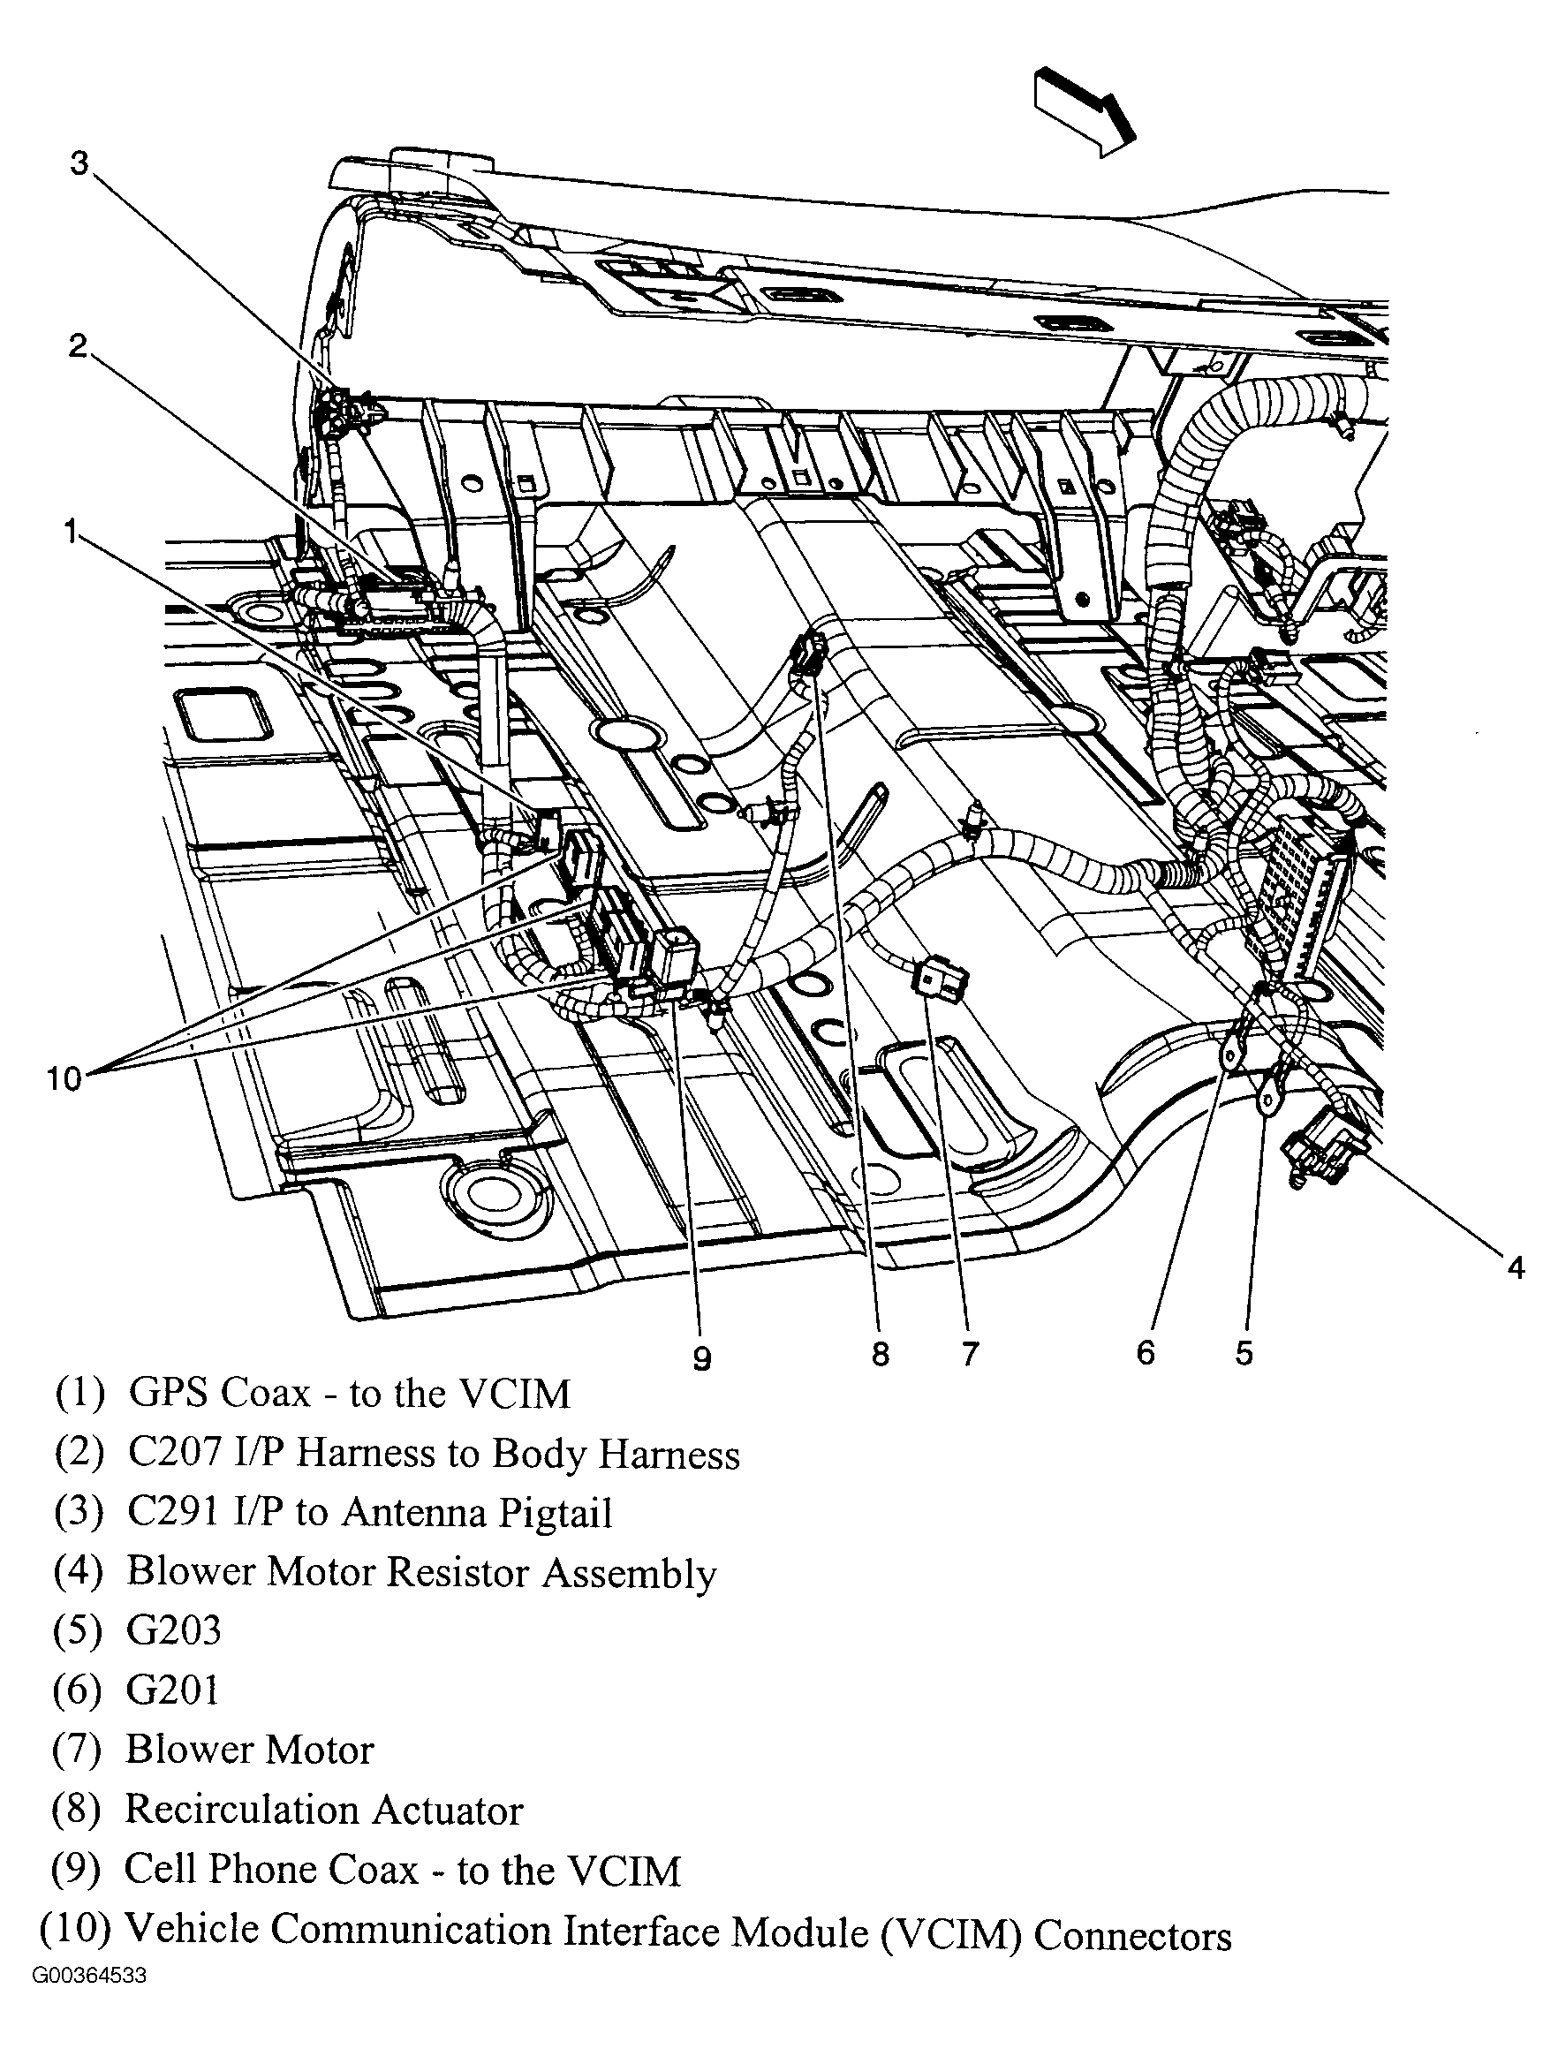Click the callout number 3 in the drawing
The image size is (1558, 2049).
(79, 163)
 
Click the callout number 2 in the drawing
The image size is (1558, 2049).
(78, 346)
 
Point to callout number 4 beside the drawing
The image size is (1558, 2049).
(1516, 1267)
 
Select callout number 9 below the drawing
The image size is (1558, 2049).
(702, 1359)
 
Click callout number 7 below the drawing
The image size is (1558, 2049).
(969, 1355)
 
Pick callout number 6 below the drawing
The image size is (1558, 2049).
(1146, 1353)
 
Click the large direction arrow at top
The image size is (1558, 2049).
(1084, 110)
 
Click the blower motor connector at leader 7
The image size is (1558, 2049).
(942, 979)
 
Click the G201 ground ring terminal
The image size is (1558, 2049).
(1229, 1055)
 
